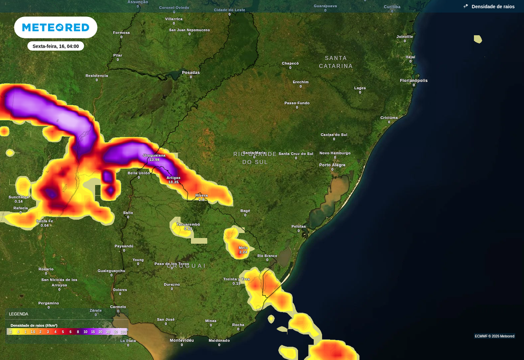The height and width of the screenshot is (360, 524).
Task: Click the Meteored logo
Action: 55,27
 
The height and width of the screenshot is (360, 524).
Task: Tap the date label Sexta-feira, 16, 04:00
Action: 55,46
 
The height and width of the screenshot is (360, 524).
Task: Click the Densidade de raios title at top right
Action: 493,7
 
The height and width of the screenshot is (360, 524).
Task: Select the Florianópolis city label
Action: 413,80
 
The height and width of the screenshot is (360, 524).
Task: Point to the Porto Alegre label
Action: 332,165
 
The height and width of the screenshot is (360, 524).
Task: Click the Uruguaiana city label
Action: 154,155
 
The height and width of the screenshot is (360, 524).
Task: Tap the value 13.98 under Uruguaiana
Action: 154,160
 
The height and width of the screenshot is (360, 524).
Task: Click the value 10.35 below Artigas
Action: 173,182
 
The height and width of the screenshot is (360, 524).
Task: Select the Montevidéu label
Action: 182,340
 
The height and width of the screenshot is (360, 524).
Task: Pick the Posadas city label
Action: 190,72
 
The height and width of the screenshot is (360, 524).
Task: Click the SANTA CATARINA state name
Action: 336,62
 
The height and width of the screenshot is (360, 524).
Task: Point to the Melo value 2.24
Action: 243,252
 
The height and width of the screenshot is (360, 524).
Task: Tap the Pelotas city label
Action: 298,226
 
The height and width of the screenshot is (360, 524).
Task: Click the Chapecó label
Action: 290,63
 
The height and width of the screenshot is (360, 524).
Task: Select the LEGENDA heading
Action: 18,314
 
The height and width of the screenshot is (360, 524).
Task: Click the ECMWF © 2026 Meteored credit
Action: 494,336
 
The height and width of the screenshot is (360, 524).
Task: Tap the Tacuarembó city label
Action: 188,224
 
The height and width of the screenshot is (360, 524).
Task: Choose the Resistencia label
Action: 97,75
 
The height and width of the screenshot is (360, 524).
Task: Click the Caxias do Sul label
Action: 334,134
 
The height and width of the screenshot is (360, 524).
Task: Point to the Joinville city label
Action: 405,36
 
